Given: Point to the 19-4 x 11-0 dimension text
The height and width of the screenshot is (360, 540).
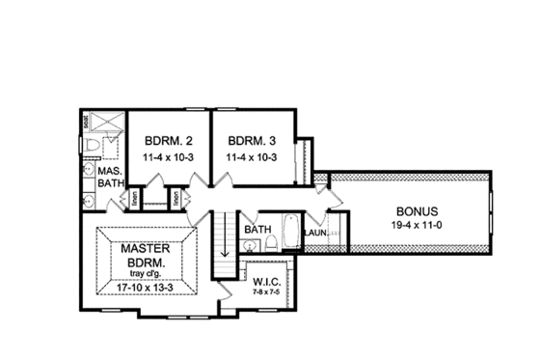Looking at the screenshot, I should pos(417,226).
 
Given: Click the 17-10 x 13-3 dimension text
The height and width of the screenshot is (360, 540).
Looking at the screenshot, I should pos(146,287).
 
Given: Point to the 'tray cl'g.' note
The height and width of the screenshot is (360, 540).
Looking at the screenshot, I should pos(146,273).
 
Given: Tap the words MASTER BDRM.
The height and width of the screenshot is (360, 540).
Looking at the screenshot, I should pos(146,254).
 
